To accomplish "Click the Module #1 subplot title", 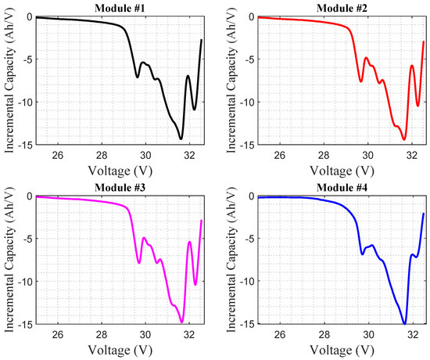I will (119, 7).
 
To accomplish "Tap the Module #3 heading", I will (119, 187).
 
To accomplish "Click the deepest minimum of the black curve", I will (181, 139).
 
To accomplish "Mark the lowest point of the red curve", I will (404, 139).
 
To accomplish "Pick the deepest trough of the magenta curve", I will (181, 322).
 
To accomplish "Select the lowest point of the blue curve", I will (404, 323).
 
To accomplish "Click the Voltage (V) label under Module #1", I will (119, 169).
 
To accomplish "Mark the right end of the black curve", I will (202, 40).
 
